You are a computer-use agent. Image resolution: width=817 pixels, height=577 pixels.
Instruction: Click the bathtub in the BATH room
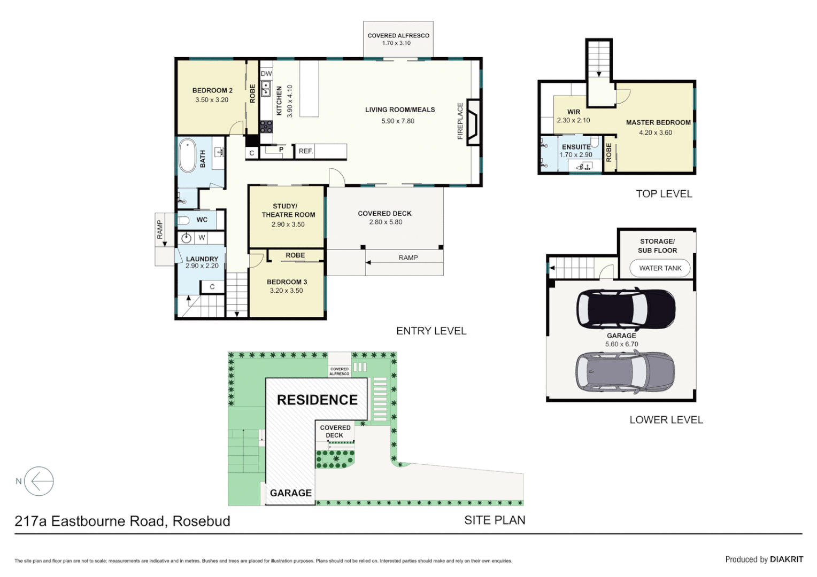(187, 155)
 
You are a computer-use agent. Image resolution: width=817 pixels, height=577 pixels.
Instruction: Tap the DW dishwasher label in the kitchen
(266, 74)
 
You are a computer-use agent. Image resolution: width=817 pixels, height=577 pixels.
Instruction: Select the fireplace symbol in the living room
(473, 122)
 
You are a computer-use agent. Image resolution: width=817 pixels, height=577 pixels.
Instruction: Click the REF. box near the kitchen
(305, 151)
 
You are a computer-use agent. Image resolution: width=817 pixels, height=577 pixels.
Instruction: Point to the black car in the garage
(626, 309)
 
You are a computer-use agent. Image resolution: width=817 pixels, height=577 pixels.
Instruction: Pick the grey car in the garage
(625, 372)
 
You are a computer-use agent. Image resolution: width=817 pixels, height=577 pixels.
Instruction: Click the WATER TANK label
(660, 268)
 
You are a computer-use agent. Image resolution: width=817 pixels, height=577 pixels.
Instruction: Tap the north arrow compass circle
(39, 481)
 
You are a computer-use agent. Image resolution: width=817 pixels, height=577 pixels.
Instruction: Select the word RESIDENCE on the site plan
(317, 400)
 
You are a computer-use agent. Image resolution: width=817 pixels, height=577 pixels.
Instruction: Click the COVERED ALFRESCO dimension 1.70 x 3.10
(396, 43)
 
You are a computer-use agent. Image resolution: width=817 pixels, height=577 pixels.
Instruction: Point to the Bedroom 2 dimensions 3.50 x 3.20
(212, 100)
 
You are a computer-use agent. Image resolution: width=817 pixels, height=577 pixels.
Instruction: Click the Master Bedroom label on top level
(658, 122)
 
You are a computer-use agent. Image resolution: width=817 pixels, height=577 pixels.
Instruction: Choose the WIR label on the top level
(574, 112)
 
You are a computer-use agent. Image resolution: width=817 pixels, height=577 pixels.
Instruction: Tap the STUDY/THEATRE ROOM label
(288, 210)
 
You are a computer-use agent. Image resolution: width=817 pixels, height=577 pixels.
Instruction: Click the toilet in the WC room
(183, 220)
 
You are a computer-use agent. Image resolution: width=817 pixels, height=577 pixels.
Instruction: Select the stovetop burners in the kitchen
(266, 127)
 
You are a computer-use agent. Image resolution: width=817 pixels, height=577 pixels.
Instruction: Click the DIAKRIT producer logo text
(786, 559)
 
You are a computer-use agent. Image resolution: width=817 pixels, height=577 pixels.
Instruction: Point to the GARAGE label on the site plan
(290, 493)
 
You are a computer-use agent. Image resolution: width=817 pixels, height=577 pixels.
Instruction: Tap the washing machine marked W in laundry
(202, 238)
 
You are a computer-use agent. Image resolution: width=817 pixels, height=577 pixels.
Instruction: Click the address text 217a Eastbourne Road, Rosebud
(122, 521)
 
